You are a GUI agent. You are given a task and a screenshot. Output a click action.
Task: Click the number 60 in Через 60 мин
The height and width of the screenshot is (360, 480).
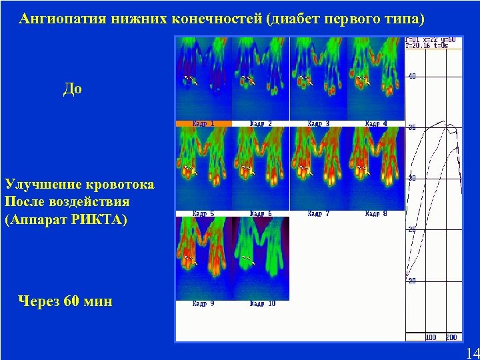tap(71, 302)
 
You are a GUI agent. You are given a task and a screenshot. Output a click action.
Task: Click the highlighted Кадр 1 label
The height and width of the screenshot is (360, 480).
tap(203, 123)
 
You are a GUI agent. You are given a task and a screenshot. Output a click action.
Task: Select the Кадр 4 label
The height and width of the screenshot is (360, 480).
tap(376, 123)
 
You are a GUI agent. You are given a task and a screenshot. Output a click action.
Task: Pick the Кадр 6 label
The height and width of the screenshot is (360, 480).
tap(261, 213)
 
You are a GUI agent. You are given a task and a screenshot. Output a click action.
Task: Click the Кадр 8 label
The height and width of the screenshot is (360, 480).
tap(376, 213)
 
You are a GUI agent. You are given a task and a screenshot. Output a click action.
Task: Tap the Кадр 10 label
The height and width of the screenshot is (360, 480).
tap(262, 303)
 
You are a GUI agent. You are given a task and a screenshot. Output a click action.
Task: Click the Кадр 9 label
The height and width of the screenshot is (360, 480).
tap(203, 303)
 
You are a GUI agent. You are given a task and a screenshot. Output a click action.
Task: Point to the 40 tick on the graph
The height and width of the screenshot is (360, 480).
tap(412, 76)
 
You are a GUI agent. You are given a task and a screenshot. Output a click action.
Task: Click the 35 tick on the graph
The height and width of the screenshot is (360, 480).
tap(412, 127)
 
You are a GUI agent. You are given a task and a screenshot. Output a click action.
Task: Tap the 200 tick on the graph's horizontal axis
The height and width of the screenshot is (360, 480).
tap(451, 337)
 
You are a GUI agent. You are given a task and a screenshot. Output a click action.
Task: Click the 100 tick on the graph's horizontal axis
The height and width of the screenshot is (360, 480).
tap(431, 337)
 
